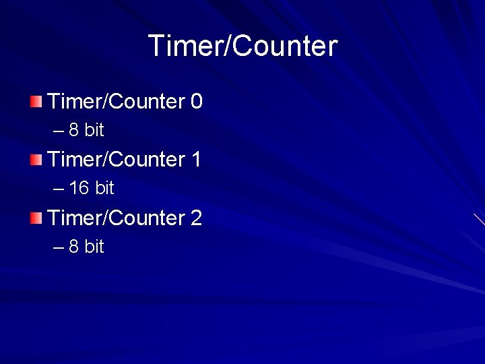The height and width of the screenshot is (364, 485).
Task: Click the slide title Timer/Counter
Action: [243, 46]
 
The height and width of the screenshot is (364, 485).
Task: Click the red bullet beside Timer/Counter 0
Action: [36, 102]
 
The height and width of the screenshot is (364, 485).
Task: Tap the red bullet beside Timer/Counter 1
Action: [36, 160]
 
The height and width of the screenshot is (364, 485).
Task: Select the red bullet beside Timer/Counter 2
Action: [36, 218]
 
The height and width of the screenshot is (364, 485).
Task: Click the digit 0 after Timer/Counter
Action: [196, 102]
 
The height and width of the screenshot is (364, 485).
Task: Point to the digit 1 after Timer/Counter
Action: [196, 160]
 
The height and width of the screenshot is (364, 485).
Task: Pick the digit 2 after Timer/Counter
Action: [196, 218]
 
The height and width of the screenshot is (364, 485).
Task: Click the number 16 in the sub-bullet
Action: [79, 188]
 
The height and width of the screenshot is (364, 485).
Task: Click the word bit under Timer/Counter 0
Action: [94, 130]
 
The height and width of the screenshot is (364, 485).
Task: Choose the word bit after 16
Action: [104, 188]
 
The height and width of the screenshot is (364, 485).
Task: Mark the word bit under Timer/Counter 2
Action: [94, 247]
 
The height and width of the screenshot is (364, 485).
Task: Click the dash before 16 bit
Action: [58, 189]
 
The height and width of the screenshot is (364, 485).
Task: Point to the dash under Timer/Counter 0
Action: [58, 131]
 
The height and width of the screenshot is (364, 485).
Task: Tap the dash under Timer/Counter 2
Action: [58, 247]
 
